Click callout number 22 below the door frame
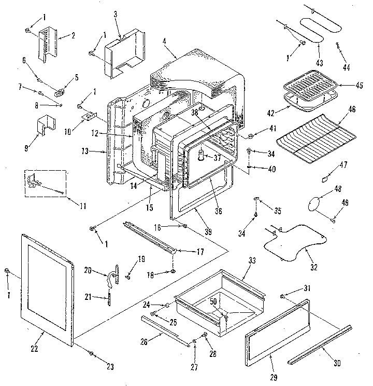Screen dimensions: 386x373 click(34, 349)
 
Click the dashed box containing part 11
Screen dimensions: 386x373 click(46, 183)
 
